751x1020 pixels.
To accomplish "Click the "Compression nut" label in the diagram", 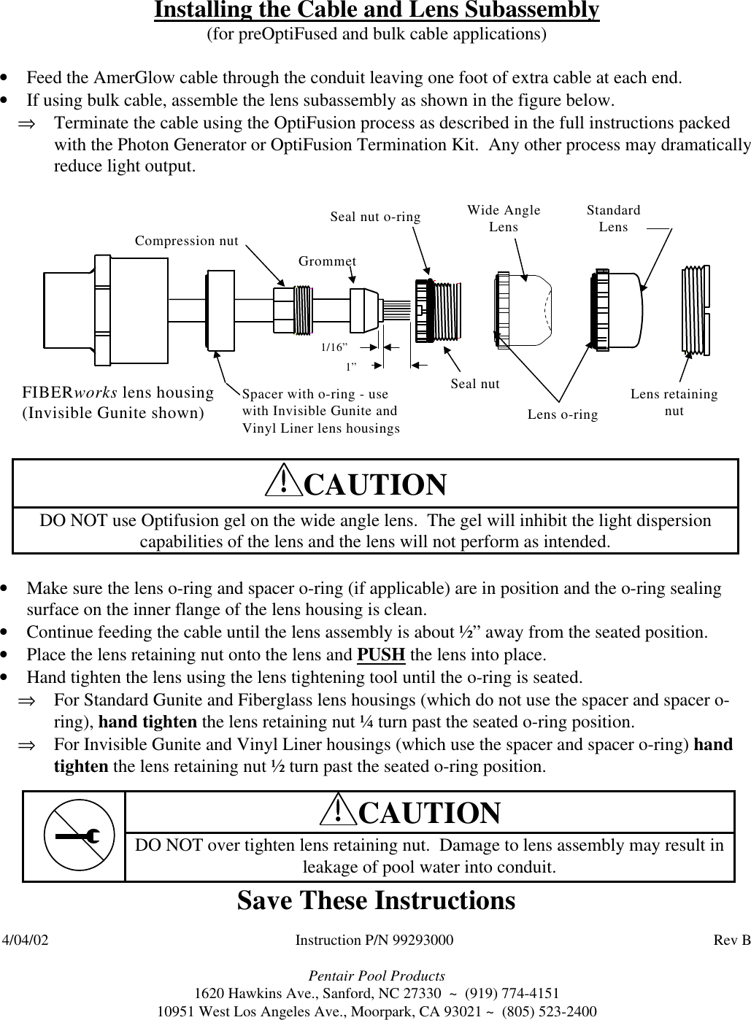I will (187, 241).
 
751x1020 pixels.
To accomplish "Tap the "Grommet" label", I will (328, 260).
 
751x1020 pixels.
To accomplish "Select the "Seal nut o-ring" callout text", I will (375, 217).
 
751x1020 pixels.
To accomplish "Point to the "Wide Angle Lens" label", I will (504, 218).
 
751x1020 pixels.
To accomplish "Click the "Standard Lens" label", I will (613, 218).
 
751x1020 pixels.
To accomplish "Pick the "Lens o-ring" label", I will (562, 414).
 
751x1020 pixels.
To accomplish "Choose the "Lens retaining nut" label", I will (674, 402).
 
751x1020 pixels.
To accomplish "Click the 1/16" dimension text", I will (335, 348).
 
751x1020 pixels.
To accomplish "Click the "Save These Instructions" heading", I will (376, 900).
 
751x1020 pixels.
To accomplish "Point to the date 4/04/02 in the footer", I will (26, 940).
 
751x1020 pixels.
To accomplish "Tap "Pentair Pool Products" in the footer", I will (377, 975).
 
